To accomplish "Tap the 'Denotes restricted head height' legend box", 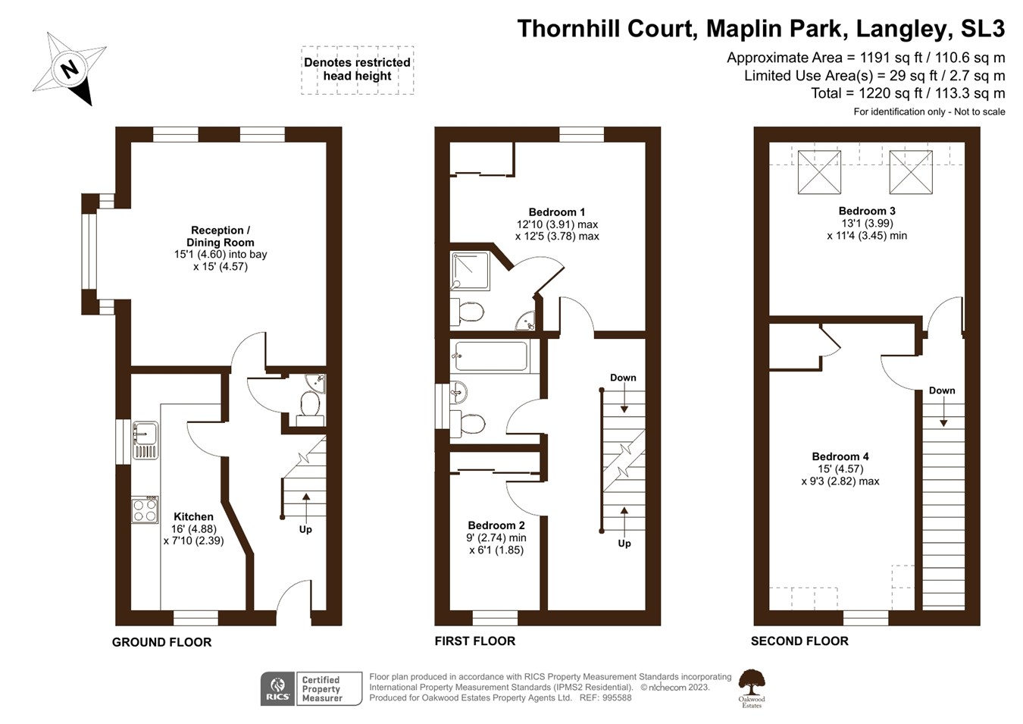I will [357, 69].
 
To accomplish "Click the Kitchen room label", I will [193, 517].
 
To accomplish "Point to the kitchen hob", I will [145, 509].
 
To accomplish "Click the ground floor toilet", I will [309, 403].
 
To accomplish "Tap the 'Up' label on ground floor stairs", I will [305, 529].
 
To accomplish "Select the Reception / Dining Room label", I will [221, 237].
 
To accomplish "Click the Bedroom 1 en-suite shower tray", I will [471, 271].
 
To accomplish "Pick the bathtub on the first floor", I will [491, 356].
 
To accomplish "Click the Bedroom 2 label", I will [496, 525].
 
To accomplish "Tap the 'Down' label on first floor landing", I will [623, 378].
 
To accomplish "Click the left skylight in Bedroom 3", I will [819, 172].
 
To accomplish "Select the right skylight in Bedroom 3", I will [910, 172].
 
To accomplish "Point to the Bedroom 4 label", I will [840, 456].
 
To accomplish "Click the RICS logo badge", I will [277, 688].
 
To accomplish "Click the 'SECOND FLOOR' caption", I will [799, 641].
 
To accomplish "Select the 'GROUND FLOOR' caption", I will [161, 642].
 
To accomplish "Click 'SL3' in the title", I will [982, 29].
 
